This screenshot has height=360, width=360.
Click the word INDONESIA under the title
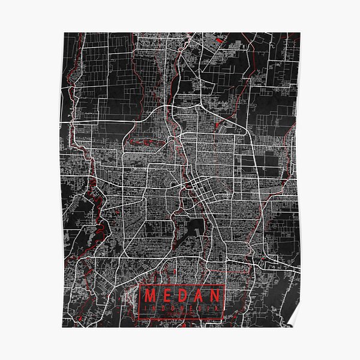182,310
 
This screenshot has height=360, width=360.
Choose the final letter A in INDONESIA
217,310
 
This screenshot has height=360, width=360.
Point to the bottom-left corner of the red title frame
139,319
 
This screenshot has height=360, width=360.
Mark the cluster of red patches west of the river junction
142,142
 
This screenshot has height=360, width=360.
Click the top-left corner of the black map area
63,33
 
